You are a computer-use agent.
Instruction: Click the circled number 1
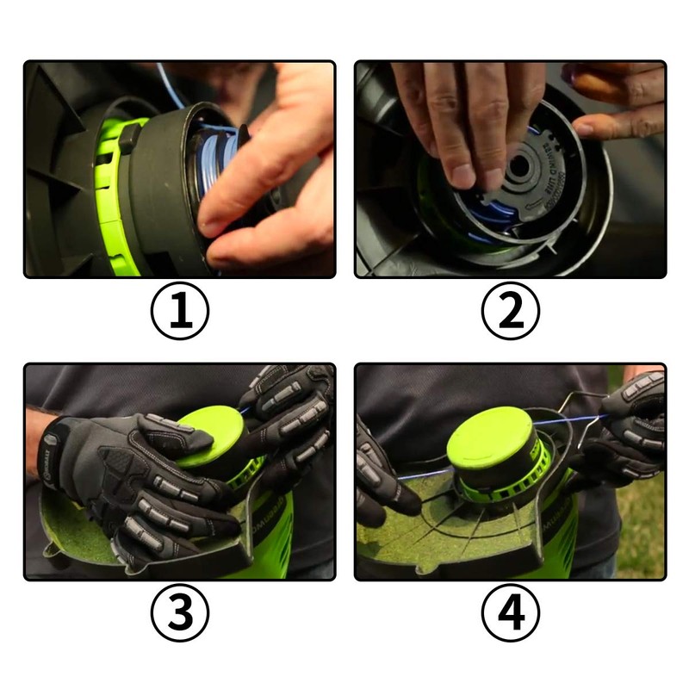[180, 311]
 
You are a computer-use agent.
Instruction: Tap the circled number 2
[511, 311]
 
